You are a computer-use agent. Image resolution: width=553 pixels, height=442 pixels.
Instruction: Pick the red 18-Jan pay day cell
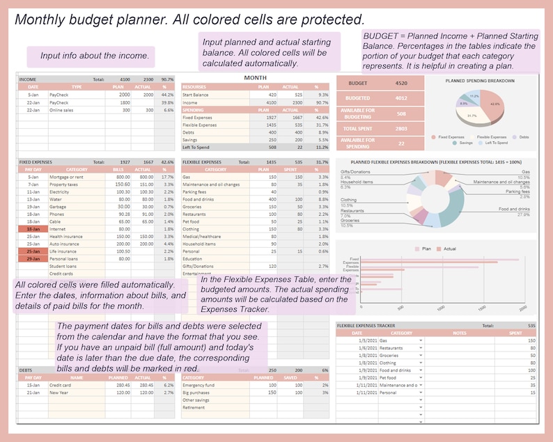coord(33,228)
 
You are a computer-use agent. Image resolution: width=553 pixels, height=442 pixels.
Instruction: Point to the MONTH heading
coord(255,77)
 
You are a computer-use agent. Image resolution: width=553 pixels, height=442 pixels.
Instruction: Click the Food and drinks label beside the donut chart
coord(515,209)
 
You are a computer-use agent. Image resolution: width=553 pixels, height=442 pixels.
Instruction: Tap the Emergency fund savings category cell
coord(198,384)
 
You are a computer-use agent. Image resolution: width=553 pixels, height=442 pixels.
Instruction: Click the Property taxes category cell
coord(63,184)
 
